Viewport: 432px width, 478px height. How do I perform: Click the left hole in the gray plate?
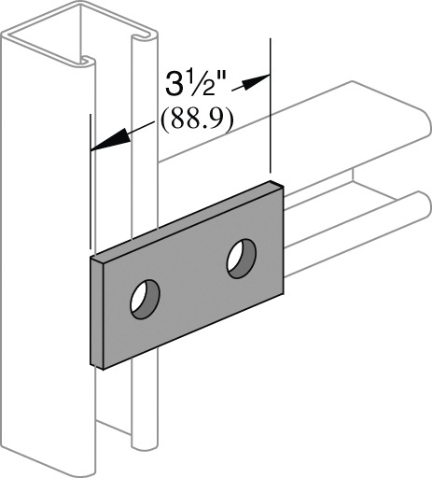pos(144,299)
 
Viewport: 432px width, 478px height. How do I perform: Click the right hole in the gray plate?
pos(241,258)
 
